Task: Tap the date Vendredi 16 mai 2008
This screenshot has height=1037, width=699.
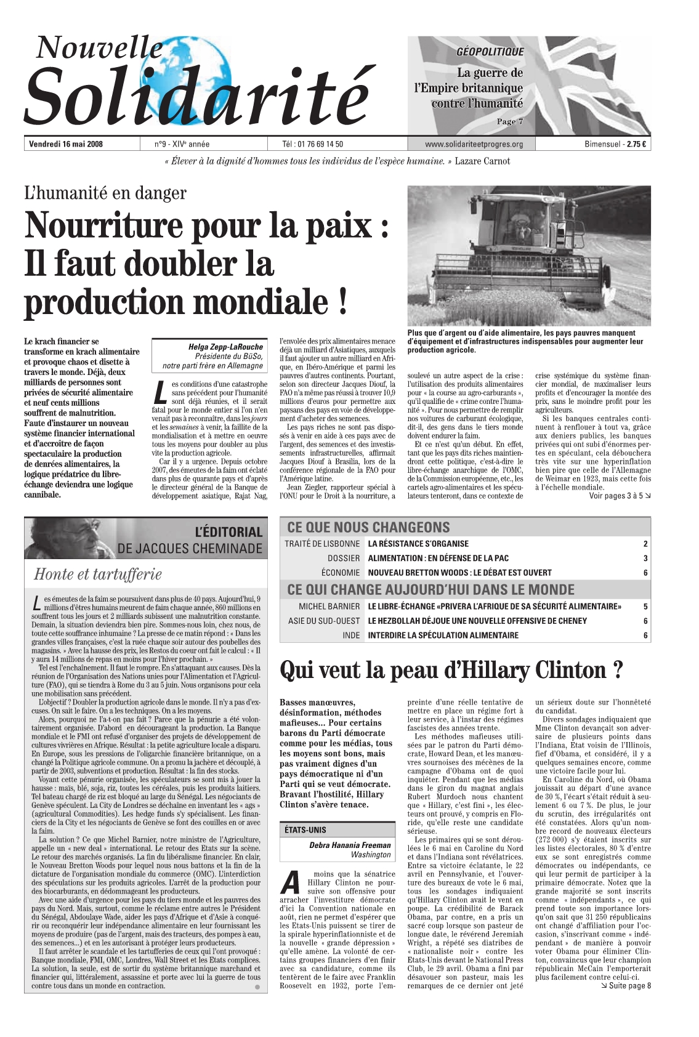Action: [x=66, y=145]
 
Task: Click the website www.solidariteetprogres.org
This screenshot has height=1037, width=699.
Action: [x=474, y=145]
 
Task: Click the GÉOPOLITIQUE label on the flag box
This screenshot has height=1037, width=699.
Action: [x=490, y=52]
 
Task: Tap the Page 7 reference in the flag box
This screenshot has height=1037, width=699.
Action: [x=509, y=121]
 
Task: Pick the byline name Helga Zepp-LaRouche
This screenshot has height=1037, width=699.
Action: [x=225, y=347]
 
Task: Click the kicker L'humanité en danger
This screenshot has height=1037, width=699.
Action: [x=105, y=193]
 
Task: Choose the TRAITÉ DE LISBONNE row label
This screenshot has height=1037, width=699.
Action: [x=322, y=544]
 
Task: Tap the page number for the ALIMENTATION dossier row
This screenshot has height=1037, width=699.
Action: [x=645, y=559]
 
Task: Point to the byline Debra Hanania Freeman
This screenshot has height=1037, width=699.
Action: [x=350, y=845]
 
